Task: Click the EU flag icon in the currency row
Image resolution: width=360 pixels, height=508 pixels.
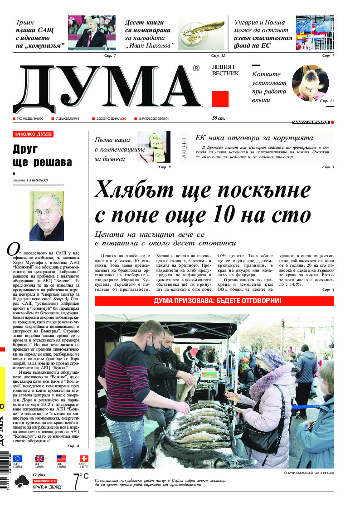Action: click(x=17, y=459)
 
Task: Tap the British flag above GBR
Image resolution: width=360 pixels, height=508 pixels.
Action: click(x=39, y=459)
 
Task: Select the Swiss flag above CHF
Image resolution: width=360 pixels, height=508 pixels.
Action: click(x=83, y=459)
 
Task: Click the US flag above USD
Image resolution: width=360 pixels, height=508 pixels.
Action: click(x=61, y=459)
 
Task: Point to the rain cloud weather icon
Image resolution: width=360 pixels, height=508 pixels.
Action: click(x=20, y=483)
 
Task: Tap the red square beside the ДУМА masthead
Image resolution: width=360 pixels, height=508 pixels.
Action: click(x=220, y=99)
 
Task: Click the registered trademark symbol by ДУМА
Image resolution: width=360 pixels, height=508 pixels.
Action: click(x=196, y=68)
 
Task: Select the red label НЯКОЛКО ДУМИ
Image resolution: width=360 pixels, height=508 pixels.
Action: click(x=33, y=134)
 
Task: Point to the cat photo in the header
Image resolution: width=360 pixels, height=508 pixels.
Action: click(x=310, y=83)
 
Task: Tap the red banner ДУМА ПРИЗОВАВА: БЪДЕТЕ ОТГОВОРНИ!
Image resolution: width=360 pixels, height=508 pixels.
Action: click(x=214, y=301)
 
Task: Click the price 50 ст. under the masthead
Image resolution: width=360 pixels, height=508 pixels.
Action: click(x=219, y=118)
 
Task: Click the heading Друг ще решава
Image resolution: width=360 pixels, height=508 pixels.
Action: click(x=42, y=156)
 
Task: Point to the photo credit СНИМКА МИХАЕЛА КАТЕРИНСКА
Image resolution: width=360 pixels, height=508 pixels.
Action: click(x=308, y=472)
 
